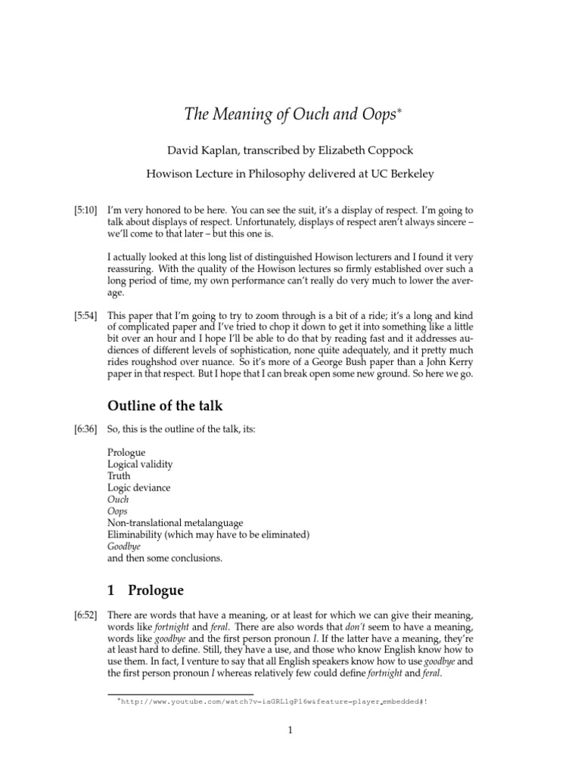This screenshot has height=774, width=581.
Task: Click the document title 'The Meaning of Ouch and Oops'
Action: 290,116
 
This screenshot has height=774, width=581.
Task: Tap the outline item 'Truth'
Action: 119,476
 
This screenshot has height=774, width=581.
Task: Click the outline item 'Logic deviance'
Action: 139,488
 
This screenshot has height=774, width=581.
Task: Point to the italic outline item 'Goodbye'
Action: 124,546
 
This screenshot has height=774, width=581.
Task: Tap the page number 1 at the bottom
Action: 290,730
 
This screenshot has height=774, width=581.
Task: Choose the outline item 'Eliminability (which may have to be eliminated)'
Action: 209,534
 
